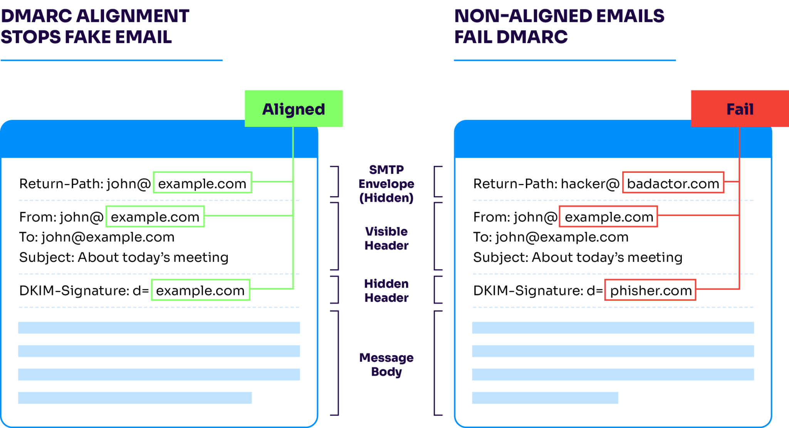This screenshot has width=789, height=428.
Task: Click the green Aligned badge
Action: (x=294, y=109)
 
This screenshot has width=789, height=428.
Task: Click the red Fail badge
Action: (x=739, y=109)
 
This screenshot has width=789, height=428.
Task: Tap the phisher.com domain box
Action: (x=650, y=290)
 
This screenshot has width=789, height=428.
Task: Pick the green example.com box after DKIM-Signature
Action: (x=200, y=290)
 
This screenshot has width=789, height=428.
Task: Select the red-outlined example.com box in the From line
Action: (x=608, y=216)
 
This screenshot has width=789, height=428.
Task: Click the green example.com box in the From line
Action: (x=155, y=216)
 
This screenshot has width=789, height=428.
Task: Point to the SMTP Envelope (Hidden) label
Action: (x=386, y=184)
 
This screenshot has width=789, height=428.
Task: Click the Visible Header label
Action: (x=386, y=238)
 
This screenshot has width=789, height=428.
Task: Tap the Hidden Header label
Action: (x=386, y=291)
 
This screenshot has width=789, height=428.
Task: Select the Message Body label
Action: (x=386, y=364)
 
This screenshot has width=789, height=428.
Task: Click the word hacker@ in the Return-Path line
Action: (x=590, y=184)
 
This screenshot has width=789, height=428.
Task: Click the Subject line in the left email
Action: (x=124, y=257)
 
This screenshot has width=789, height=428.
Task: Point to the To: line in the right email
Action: (x=551, y=237)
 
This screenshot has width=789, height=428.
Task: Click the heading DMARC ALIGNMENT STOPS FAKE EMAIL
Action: (x=95, y=26)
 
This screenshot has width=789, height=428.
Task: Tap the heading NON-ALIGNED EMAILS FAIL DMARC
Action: (x=559, y=26)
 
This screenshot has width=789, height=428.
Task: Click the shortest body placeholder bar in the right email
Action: (x=545, y=398)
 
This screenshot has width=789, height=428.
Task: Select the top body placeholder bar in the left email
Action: (x=159, y=328)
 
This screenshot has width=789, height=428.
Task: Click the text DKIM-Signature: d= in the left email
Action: (x=84, y=290)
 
